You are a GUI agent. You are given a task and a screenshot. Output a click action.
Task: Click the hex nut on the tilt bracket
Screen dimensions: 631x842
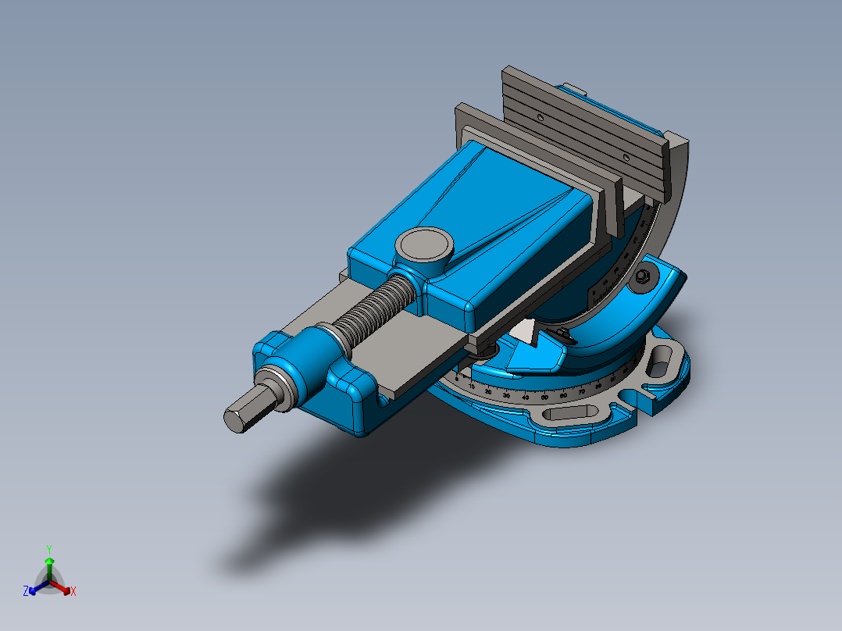(644, 276)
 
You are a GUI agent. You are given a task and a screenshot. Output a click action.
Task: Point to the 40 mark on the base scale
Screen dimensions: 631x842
(525, 397)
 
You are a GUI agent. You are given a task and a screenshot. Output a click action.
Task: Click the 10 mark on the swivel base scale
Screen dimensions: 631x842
(472, 386)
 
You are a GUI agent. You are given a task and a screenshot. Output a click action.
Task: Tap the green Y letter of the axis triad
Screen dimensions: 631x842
(49, 549)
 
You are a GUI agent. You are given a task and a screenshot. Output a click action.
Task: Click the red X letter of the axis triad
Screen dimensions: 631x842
(73, 591)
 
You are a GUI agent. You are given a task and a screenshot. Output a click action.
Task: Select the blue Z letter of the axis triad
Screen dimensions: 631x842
(26, 591)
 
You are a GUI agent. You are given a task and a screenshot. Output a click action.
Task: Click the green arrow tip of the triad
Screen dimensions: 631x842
(49, 561)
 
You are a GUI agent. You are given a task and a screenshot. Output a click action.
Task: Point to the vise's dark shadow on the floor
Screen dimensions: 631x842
(328, 492)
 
